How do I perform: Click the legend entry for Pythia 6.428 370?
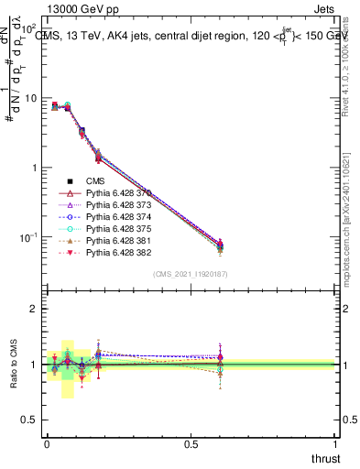(106, 193)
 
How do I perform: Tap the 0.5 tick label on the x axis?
(191, 444)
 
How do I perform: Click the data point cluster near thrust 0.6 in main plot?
(220, 245)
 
